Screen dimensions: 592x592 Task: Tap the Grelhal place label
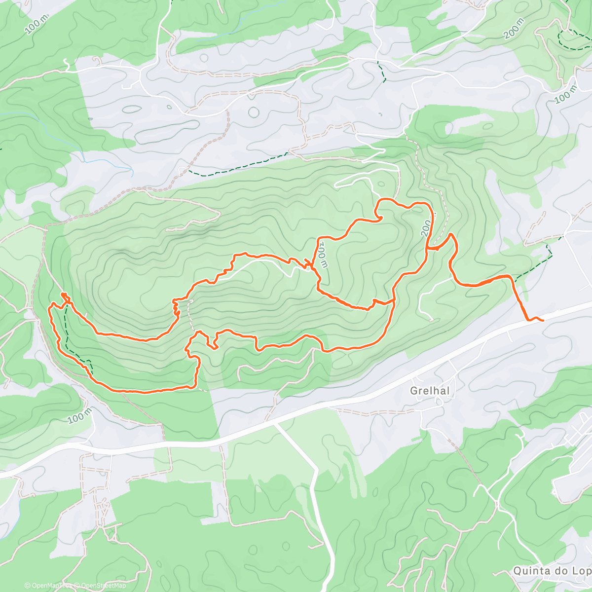point(430,391)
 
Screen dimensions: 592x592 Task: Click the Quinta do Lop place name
point(552,571)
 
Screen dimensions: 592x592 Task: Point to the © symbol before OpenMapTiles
point(27,586)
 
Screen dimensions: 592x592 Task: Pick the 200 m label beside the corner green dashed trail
point(514,28)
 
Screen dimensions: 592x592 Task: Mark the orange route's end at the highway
point(542,320)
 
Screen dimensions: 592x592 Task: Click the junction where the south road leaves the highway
point(274,423)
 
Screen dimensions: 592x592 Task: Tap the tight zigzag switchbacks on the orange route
point(176,308)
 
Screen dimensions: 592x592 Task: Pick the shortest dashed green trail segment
point(380,72)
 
